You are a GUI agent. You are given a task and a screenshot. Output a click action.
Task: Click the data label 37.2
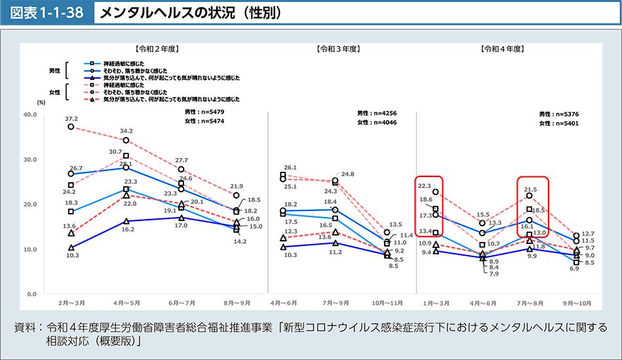[x=71, y=119]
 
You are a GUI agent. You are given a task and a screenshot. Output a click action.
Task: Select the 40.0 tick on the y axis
[x=30, y=114]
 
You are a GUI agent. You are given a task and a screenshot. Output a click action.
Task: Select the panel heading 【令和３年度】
[x=338, y=49]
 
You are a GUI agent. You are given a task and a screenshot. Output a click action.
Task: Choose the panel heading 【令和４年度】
[x=501, y=49]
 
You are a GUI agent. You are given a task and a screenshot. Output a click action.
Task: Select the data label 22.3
[x=425, y=186]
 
